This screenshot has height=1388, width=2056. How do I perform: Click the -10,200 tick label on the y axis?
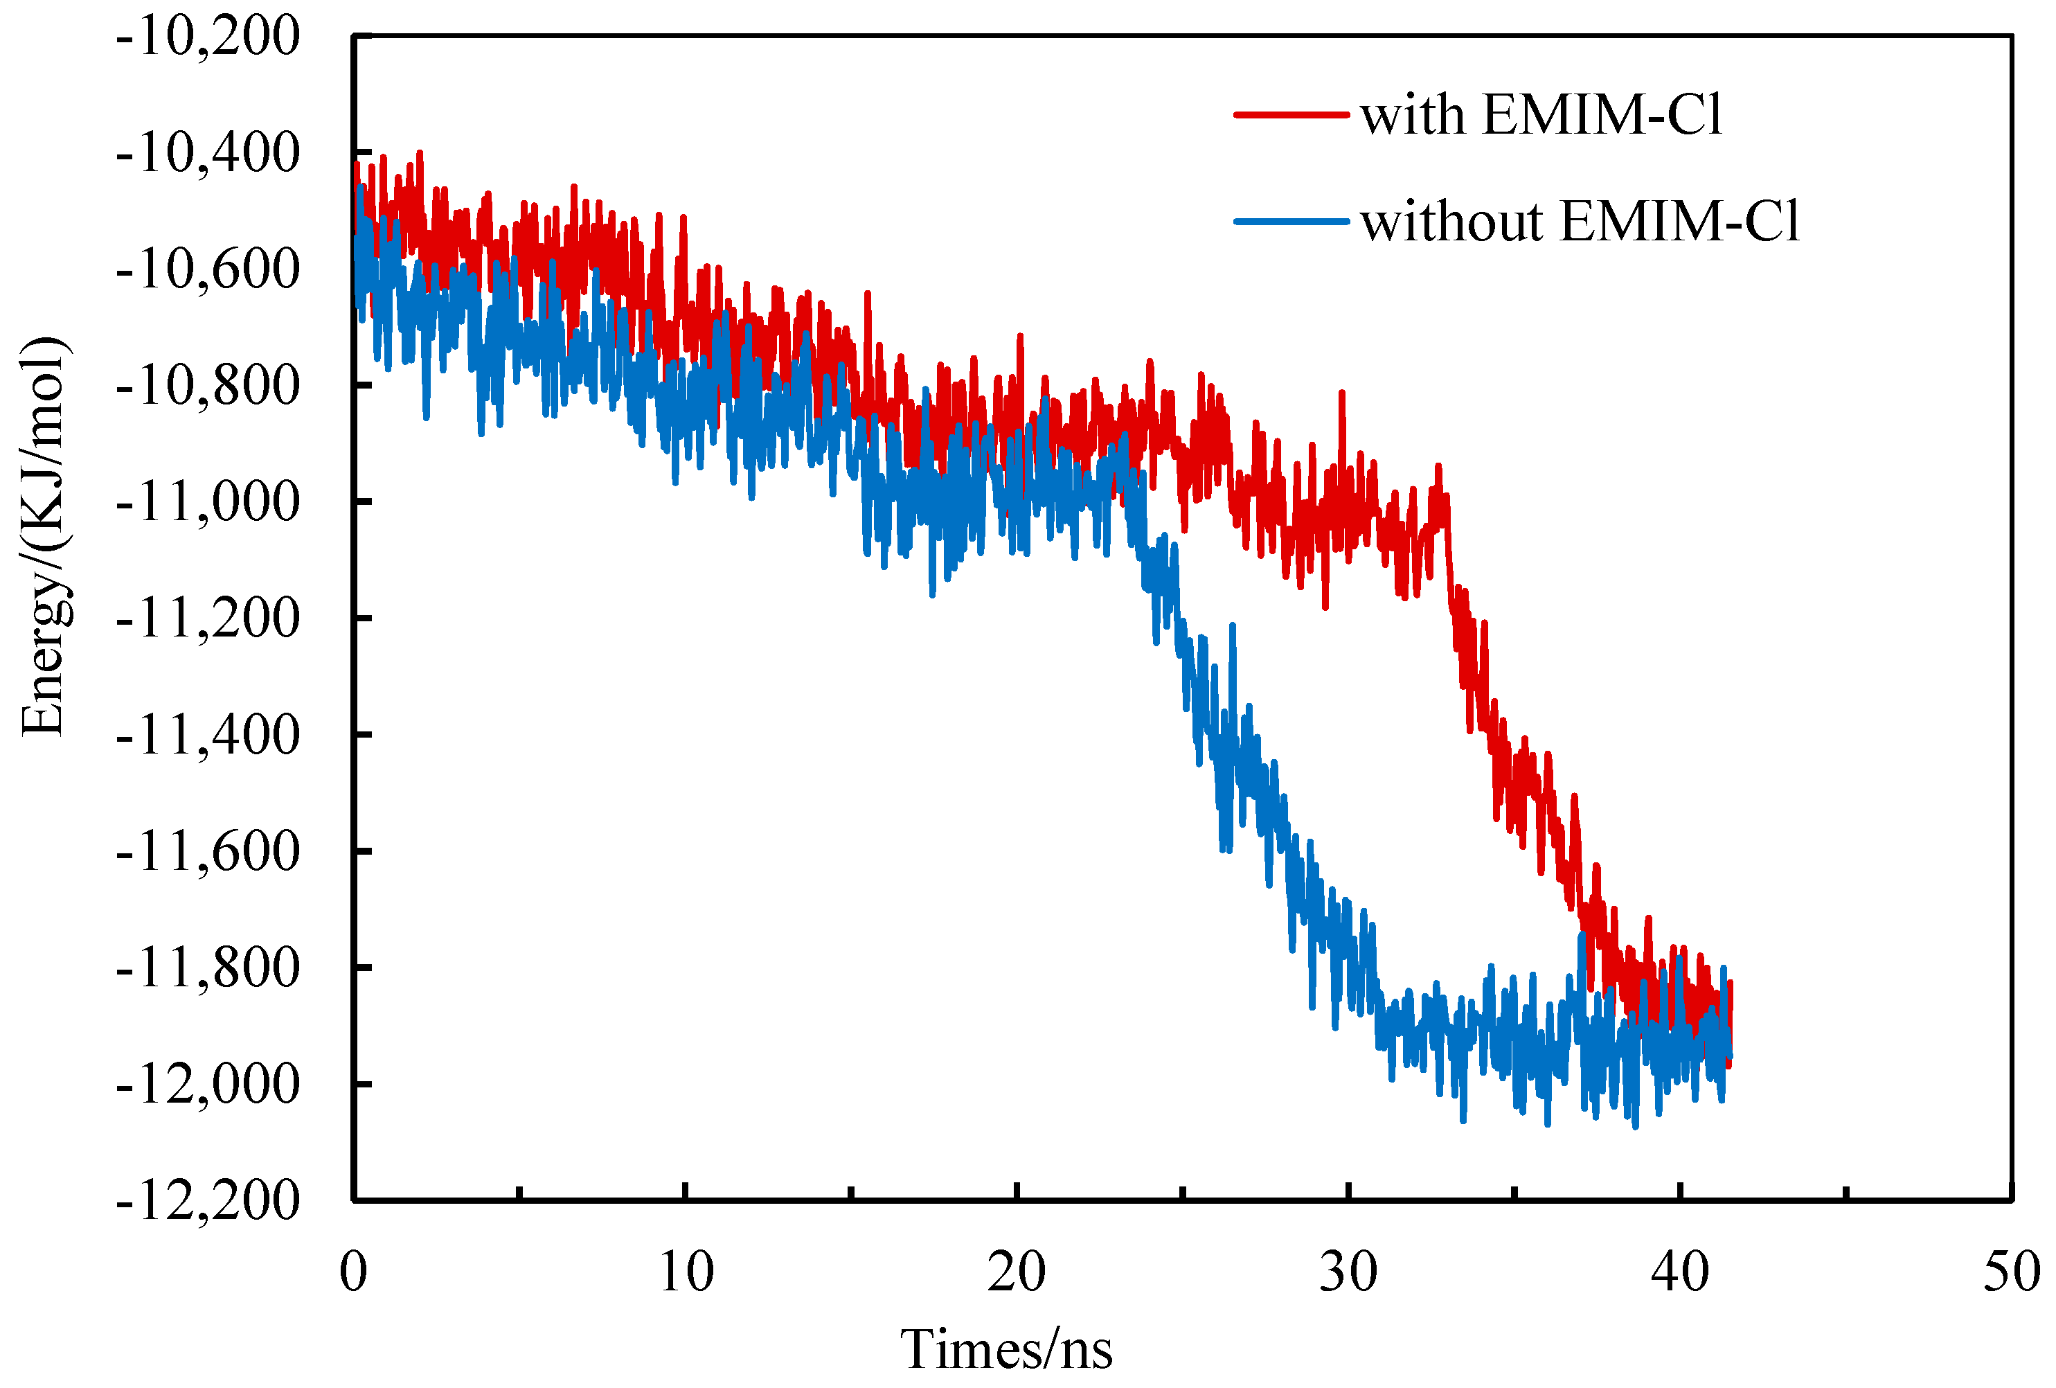pyautogui.click(x=208, y=37)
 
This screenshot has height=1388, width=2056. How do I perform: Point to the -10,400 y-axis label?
pyautogui.click(x=208, y=153)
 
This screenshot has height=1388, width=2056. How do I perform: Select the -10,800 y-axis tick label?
pyautogui.click(x=208, y=386)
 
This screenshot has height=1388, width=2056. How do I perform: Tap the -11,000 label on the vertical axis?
pyautogui.click(x=208, y=502)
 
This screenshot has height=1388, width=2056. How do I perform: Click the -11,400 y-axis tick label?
pyautogui.click(x=208, y=735)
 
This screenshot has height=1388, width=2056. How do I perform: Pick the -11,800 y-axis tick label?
pyautogui.click(x=208, y=968)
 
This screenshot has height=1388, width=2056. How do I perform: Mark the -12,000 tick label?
pyautogui.click(x=208, y=1085)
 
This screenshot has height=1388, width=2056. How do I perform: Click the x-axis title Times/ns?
pyautogui.click(x=1006, y=1350)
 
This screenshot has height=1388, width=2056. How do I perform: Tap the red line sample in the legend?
pyautogui.click(x=1291, y=115)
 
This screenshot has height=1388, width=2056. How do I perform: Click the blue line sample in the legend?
pyautogui.click(x=1291, y=221)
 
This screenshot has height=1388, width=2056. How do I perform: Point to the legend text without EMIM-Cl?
pyautogui.click(x=1579, y=221)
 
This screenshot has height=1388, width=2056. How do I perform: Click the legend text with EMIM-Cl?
pyautogui.click(x=1540, y=115)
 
